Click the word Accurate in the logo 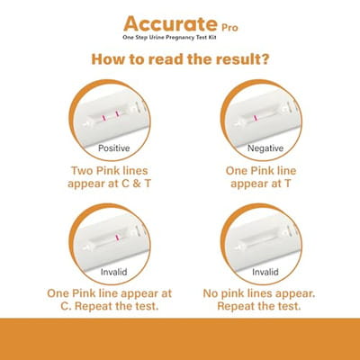coord(170,23)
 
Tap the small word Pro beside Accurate coord(229,28)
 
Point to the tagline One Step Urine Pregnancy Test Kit coord(169,38)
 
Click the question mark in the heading coord(264,58)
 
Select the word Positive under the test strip coord(114,148)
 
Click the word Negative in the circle coord(265,148)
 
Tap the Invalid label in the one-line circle coord(113,272)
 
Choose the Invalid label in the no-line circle coord(265,272)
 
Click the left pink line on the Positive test coord(103,118)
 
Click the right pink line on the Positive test coord(117,113)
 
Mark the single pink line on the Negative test coord(255,118)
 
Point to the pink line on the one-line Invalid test coord(117,238)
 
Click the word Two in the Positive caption coord(82,171)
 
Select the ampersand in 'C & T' coord(136,184)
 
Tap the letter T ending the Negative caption coord(287,184)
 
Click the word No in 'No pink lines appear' coord(211,293)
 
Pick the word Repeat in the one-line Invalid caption coord(93,306)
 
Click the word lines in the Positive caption coord(134,171)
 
